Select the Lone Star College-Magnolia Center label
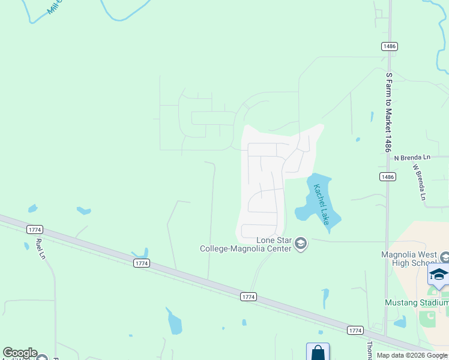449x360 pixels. pyautogui.click(x=246, y=245)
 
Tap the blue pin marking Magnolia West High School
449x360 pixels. pyautogui.click(x=438, y=275)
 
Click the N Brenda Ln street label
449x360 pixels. pyautogui.click(x=412, y=157)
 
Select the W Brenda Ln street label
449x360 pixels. pyautogui.click(x=419, y=182)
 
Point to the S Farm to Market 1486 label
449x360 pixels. pyautogui.click(x=389, y=112)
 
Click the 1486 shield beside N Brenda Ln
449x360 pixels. pyautogui.click(x=387, y=176)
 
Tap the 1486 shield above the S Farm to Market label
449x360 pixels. pyautogui.click(x=388, y=46)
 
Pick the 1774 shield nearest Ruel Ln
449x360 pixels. pyautogui.click(x=35, y=229)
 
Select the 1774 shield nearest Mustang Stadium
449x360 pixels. pyautogui.click(x=355, y=330)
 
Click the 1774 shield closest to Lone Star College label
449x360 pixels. pyautogui.click(x=248, y=296)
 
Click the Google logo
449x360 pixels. pyautogui.click(x=20, y=353)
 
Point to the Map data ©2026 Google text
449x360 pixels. pyautogui.click(x=412, y=356)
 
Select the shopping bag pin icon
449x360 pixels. pyautogui.click(x=318, y=352)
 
